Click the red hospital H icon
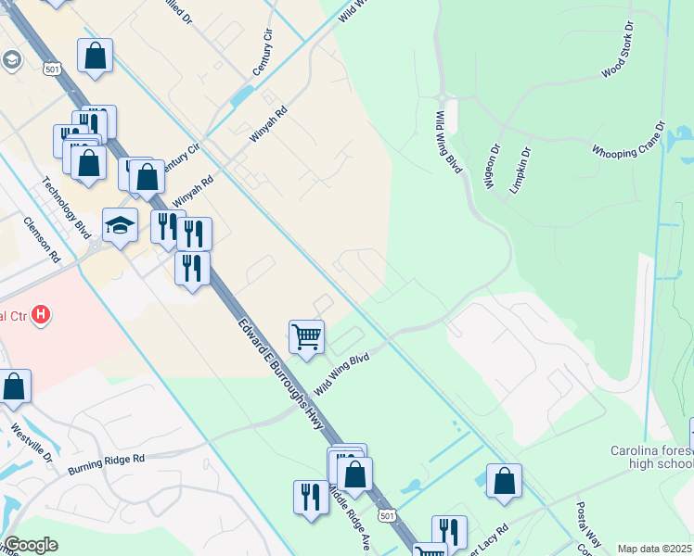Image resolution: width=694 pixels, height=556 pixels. point(40,315)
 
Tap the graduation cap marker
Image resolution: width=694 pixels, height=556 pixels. point(120,225)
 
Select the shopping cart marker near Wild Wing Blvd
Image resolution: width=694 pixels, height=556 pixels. point(306,337)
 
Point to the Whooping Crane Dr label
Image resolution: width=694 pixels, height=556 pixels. point(630,138)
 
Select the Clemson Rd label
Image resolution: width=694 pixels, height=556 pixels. point(41,238)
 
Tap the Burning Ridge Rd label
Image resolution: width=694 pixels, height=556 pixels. point(107,464)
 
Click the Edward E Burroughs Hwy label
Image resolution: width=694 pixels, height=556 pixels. point(279,374)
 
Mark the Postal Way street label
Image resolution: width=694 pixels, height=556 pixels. point(589,525)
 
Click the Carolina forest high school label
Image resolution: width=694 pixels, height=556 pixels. point(651,457)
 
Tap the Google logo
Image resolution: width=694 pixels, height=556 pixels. point(31,545)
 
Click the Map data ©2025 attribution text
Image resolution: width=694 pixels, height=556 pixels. point(654,549)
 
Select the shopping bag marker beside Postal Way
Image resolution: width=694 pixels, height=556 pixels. point(504,481)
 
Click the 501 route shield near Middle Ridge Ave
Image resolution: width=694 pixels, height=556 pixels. point(388,515)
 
